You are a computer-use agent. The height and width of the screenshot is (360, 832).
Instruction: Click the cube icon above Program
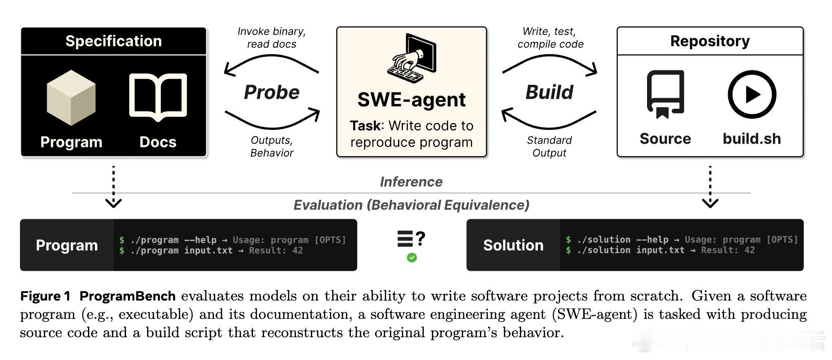(71, 98)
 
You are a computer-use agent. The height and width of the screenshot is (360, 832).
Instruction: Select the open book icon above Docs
(158, 98)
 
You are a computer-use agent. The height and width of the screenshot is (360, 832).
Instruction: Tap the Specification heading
(114, 41)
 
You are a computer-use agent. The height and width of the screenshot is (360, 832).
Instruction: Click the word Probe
(272, 92)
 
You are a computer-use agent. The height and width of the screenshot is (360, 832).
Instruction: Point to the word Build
(549, 92)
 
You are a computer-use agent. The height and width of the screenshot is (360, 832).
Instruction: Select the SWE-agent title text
(412, 100)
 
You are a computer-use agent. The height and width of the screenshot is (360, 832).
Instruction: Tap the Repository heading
(710, 41)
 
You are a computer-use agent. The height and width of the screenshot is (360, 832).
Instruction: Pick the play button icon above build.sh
(752, 94)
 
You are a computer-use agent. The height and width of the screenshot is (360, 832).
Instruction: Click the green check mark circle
(412, 257)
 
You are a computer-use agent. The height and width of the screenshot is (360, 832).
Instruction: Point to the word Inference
(411, 182)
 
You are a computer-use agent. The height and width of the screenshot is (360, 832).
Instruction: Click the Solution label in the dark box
(513, 245)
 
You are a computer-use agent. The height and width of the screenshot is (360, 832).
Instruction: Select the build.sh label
(752, 139)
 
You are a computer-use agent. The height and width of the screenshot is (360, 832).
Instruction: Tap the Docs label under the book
(158, 142)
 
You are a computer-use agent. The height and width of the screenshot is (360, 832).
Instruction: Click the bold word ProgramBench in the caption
(128, 296)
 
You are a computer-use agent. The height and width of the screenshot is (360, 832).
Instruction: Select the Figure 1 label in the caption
(45, 296)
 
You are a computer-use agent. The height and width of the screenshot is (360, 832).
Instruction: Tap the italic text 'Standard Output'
(549, 147)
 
